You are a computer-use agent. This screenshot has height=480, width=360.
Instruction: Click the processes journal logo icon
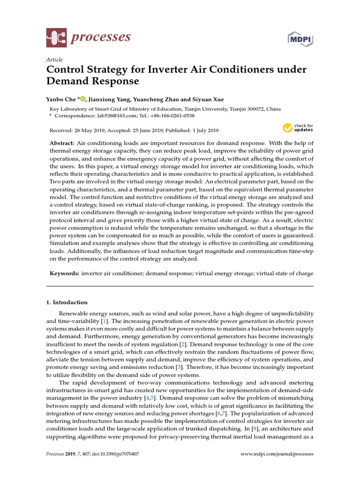(56, 38)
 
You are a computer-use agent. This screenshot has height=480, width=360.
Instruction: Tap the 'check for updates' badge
(298, 128)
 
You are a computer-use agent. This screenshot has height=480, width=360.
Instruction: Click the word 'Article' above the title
(54, 60)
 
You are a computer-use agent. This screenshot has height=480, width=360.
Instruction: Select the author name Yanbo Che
(62, 99)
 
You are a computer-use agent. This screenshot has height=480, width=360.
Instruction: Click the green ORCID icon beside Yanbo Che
(83, 99)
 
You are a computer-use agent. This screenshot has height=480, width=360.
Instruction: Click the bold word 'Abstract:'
(62, 142)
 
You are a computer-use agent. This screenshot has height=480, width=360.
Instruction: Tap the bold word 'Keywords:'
(64, 273)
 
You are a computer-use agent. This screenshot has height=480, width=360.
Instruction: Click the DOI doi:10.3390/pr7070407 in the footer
(116, 454)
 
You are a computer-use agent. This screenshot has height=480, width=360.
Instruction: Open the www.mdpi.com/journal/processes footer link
(277, 454)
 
